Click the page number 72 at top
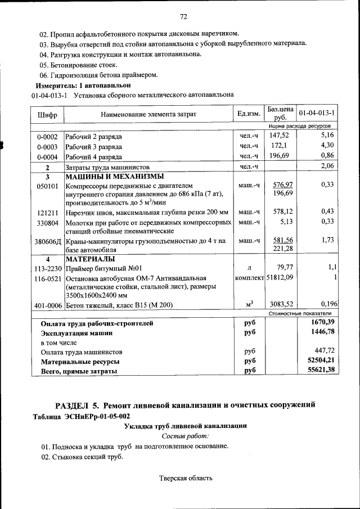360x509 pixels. (183, 15)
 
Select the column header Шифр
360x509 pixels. (47, 115)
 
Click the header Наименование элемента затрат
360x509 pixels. (148, 114)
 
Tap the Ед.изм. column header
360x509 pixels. (249, 114)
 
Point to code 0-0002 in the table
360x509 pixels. (47, 137)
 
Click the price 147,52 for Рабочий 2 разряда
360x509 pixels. (279, 136)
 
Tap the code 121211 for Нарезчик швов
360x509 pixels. (48, 212)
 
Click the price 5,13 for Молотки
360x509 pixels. (284, 222)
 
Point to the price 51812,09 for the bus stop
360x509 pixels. (280, 278)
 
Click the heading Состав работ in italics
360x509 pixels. (185, 435)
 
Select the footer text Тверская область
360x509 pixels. (186, 479)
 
